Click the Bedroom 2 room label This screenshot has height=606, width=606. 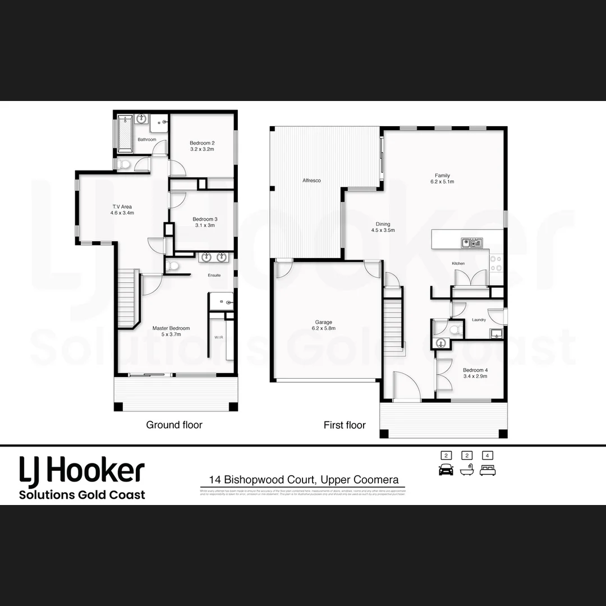coord(202,143)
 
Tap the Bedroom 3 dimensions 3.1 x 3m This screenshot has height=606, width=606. coord(205,226)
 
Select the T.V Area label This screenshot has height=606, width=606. coord(122,206)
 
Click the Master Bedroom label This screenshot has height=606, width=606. coord(171,328)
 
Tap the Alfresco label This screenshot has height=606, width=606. coord(311,181)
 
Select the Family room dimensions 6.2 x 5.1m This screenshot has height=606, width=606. coord(442,182)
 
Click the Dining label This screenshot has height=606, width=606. coord(383,223)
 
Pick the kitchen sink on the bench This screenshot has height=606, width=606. coord(471,242)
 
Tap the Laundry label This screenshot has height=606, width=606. coord(479,320)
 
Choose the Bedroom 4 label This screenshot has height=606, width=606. coord(475,370)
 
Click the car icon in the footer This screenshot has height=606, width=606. coord(446,470)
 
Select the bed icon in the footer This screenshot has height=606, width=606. coord(488,470)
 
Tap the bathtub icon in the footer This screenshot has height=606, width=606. coord(467,470)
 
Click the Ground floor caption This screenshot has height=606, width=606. coord(174,425)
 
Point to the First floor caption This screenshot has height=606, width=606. coord(345,425)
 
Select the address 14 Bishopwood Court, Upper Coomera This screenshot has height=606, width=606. coord(304,480)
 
